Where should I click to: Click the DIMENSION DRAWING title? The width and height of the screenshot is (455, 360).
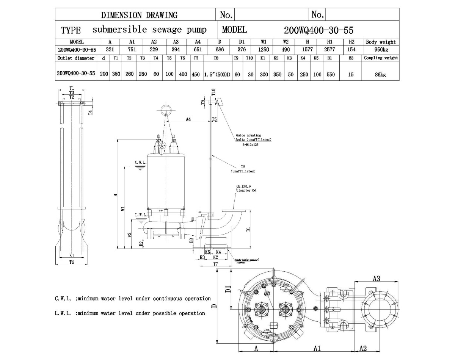tap(139, 15)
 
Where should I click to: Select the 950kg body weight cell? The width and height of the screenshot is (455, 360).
tap(381, 50)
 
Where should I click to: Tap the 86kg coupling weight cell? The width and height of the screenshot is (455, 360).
tap(381, 75)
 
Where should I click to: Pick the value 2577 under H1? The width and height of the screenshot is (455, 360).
tap(329, 50)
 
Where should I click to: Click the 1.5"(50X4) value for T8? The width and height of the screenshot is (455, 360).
tap(217, 75)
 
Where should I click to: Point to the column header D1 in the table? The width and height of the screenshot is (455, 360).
tap(242, 42)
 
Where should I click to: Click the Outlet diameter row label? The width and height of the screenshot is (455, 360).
tap(76, 58)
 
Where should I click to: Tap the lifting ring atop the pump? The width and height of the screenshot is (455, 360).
tap(166, 110)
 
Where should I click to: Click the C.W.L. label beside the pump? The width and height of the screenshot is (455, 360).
tap(141, 162)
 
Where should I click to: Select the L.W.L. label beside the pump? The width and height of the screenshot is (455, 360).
tap(141, 215)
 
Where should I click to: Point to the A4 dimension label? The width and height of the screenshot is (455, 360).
tap(188, 119)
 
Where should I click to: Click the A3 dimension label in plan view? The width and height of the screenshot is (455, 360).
tap(376, 279)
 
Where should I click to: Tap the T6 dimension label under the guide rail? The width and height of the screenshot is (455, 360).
tap(71, 262)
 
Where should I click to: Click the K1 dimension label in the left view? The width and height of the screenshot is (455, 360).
tap(71, 255)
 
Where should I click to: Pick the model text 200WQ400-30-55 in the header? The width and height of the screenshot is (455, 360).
tap(318, 30)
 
